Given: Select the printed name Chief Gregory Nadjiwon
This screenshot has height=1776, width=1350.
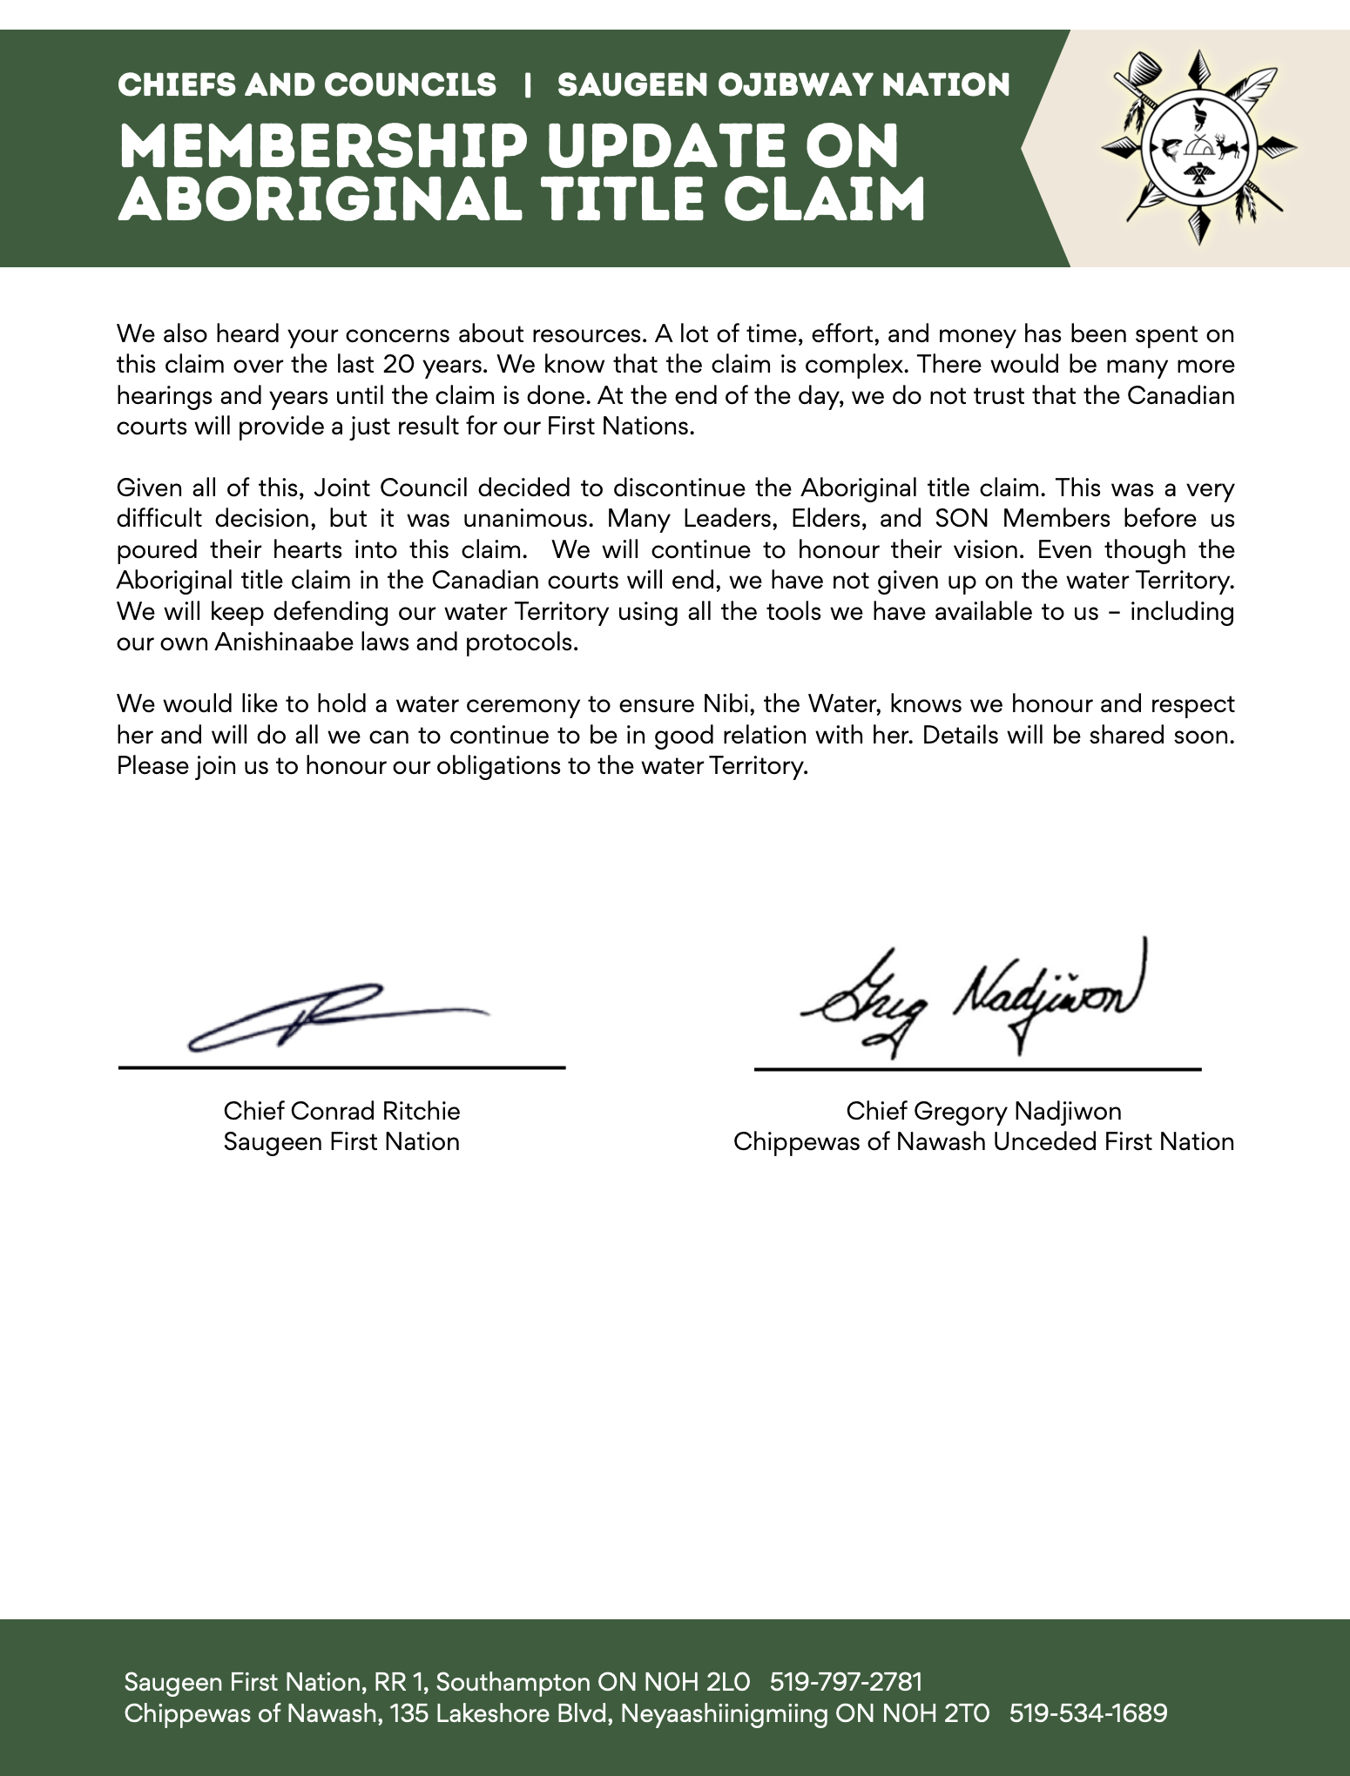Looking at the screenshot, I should point(983,1111).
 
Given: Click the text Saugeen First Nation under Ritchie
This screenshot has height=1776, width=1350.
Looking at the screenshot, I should point(341,1141).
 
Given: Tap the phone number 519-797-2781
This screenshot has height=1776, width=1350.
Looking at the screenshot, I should point(846,1682).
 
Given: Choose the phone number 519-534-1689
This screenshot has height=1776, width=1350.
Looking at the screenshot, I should point(1088,1713).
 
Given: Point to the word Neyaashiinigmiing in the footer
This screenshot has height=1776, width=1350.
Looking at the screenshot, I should point(724,1713).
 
